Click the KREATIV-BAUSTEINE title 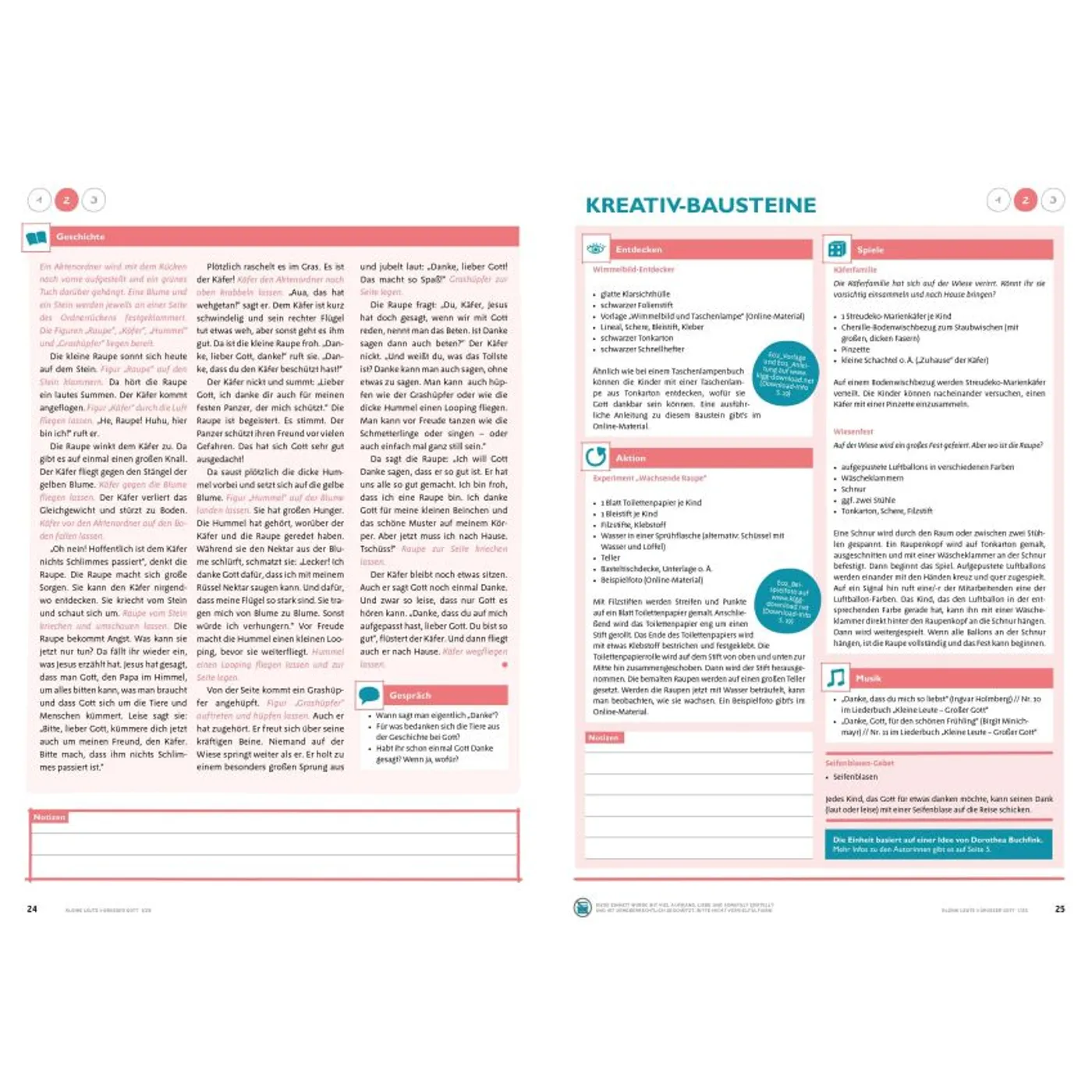tap(700, 205)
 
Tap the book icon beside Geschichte tap(37, 237)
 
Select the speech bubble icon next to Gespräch tap(369, 694)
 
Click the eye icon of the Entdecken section tap(596, 249)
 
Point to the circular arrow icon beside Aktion tap(596, 457)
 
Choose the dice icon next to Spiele tap(837, 249)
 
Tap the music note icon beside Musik tap(837, 677)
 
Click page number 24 tap(32, 909)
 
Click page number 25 tap(1059, 909)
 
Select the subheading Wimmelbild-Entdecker tap(633, 270)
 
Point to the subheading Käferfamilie tap(855, 270)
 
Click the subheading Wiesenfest tap(853, 431)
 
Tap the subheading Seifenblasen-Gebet tap(860, 763)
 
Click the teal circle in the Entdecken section tap(786, 374)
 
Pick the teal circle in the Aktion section tap(787, 600)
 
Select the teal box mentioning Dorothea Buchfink tap(938, 844)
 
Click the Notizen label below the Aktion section tap(604, 737)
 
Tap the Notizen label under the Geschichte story tap(49, 817)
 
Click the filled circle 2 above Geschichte tap(66, 200)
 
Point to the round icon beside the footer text tap(583, 906)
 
